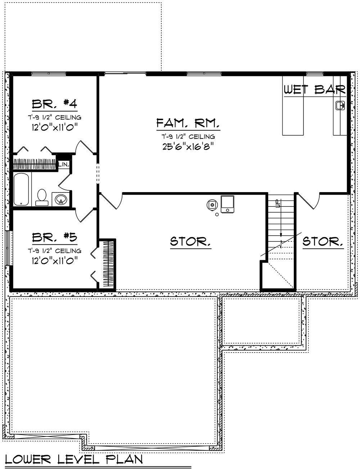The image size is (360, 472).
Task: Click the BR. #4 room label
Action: pos(55,104)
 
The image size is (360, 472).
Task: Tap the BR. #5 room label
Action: pos(55,238)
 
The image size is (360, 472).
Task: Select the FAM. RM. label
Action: pos(188,124)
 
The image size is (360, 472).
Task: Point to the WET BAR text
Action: pos(315,90)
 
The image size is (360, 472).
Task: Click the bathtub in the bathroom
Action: pos(22,189)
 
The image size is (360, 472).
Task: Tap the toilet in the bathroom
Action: pos(42,197)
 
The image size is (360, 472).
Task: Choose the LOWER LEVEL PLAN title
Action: pos(73,459)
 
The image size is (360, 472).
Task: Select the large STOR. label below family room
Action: pos(190,241)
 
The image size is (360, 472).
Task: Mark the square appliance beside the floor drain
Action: pos(227,204)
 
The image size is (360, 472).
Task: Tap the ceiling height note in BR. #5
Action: pos(55,251)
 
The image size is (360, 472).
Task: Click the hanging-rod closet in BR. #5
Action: pos(108,264)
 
